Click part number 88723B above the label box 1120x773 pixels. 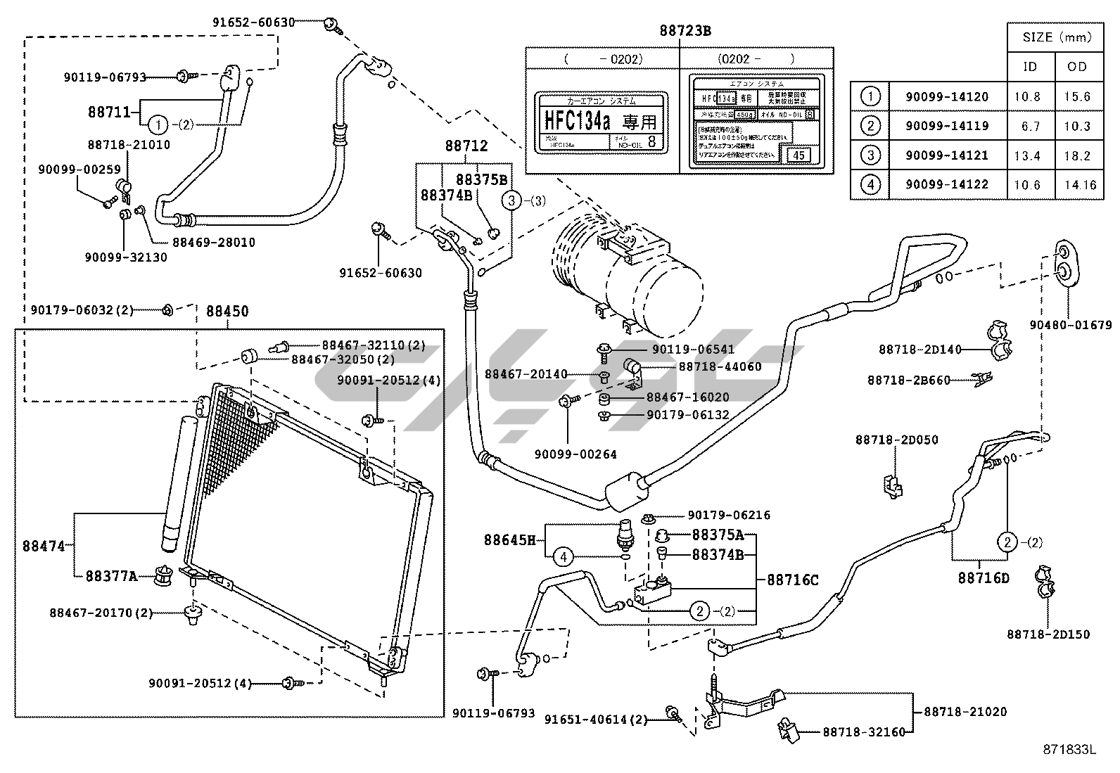685,31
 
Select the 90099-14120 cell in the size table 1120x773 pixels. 946,97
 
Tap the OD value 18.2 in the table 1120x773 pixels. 1077,155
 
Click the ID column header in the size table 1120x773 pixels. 1029,67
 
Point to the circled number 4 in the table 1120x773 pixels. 870,185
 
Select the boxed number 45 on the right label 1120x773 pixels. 798,155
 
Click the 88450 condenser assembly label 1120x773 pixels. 227,311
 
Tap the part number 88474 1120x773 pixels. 44,545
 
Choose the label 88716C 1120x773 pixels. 792,580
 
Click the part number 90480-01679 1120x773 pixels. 1070,325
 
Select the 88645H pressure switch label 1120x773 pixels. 509,540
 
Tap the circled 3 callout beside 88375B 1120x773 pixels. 511,200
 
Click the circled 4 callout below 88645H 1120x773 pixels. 563,557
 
